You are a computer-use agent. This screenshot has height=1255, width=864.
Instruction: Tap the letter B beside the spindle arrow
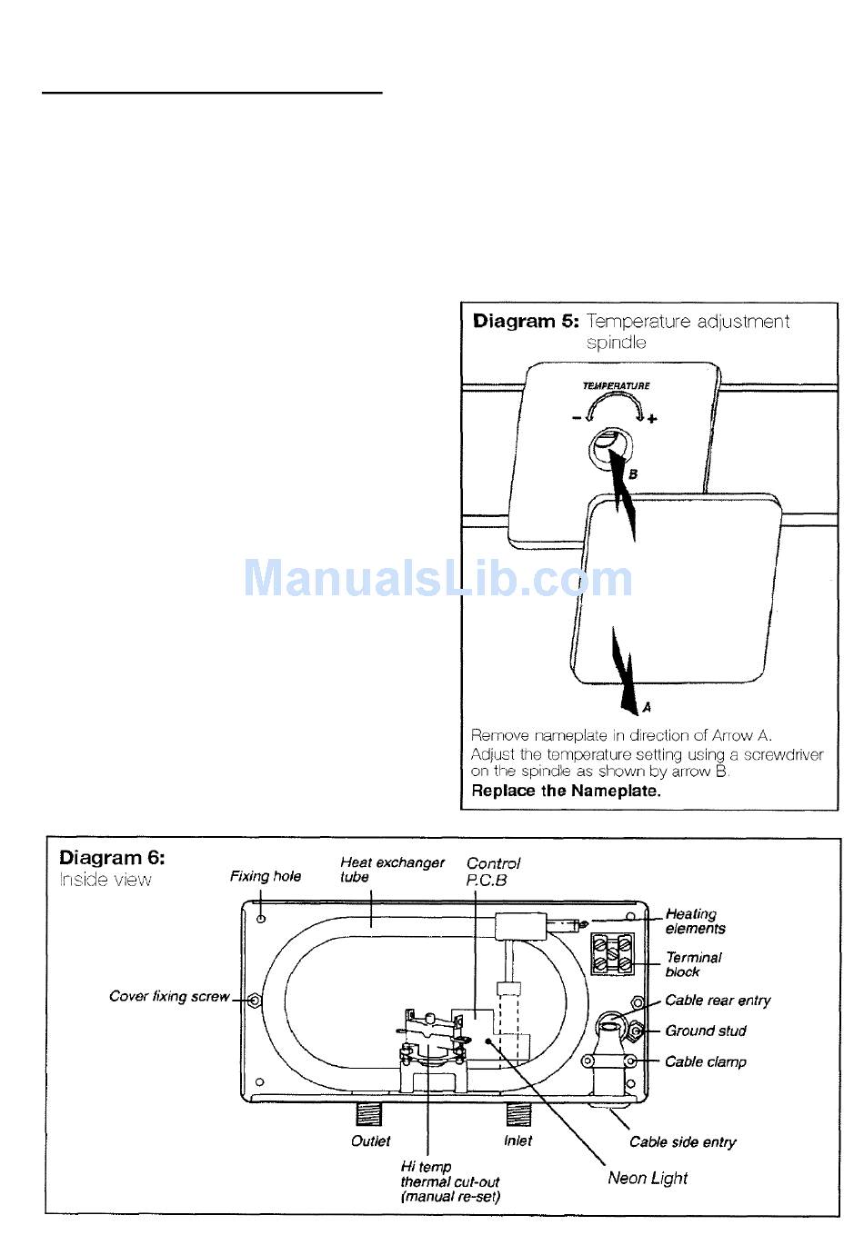(x=632, y=474)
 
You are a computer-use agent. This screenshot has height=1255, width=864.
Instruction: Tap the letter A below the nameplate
(x=647, y=708)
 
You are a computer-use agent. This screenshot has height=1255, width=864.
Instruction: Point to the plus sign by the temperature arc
(x=651, y=419)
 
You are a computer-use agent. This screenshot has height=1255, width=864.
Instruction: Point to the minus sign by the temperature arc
(x=576, y=417)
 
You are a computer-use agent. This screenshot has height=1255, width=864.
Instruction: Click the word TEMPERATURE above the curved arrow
(x=616, y=385)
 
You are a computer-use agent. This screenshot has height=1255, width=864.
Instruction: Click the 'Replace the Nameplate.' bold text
(x=566, y=791)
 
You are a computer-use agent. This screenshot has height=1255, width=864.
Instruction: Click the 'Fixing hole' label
(x=266, y=876)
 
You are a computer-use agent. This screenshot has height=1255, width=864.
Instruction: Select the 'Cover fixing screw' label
(x=169, y=996)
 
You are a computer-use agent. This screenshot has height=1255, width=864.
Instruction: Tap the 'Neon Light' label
(x=648, y=1178)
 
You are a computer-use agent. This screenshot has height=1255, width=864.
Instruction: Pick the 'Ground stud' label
(x=706, y=1031)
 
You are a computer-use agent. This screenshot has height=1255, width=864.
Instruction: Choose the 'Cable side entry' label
(x=682, y=1141)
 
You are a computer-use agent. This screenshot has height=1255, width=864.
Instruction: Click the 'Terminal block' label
(x=693, y=964)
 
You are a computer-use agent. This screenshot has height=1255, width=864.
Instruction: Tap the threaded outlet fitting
(x=368, y=1114)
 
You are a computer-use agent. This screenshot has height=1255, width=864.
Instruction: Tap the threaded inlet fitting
(x=518, y=1114)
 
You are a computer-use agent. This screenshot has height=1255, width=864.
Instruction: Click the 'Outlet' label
(x=370, y=1140)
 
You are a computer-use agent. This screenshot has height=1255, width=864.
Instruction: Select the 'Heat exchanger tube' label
(x=392, y=870)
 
